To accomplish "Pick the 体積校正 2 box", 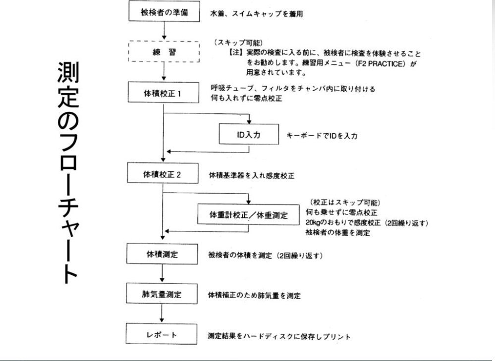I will coord(163,174).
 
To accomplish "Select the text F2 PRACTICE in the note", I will coord(381,63).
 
